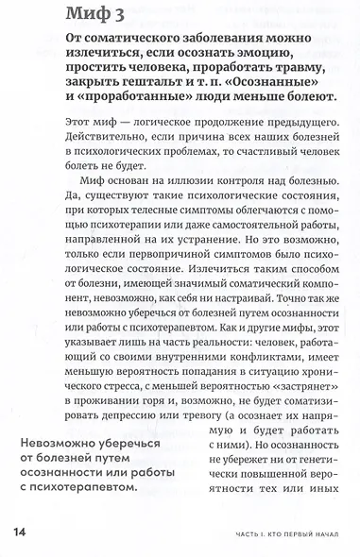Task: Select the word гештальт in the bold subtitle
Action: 143,85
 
